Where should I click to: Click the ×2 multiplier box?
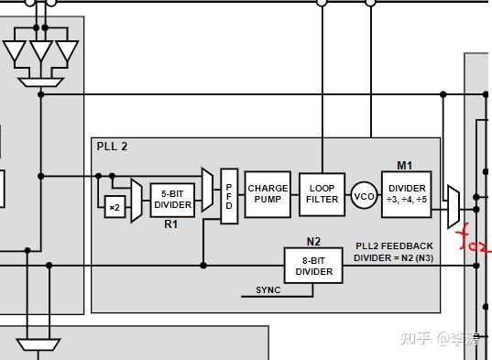[x=115, y=207]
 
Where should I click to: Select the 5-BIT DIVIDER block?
[x=172, y=200]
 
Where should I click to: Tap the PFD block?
[x=229, y=197]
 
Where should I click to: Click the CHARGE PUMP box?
[x=268, y=194]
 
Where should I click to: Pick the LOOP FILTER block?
[x=322, y=194]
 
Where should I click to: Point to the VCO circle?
[x=364, y=197]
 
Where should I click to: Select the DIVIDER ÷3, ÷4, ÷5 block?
[x=406, y=194]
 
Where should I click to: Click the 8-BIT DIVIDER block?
[x=313, y=267]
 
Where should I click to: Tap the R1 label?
[x=170, y=224]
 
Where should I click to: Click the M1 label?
[x=404, y=166]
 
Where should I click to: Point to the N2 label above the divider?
[x=313, y=242]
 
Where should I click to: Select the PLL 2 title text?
[x=113, y=147]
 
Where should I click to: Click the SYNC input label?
[x=268, y=290]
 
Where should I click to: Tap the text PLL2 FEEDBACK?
[x=394, y=246]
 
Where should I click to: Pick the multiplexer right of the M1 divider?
[x=452, y=206]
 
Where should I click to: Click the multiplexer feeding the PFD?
[x=208, y=187]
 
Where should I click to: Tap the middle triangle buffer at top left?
[x=41, y=52]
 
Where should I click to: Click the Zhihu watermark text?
[x=440, y=338]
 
